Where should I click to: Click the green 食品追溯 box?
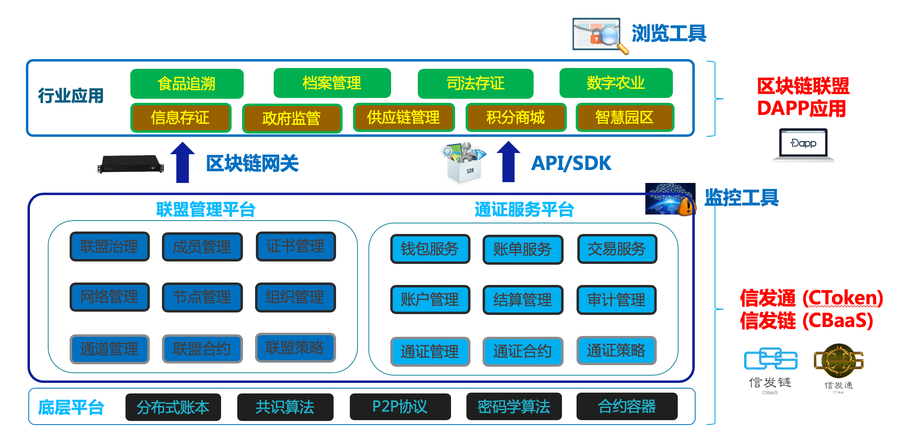(x=187, y=84)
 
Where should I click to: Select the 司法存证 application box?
(x=475, y=84)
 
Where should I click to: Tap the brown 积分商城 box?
(x=515, y=118)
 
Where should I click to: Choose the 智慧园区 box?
(x=624, y=118)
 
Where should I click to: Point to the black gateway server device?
(x=131, y=164)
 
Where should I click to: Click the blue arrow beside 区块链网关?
(x=183, y=162)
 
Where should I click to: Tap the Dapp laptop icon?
(x=803, y=145)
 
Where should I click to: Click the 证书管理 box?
(x=296, y=246)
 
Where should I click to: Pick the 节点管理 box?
(x=202, y=297)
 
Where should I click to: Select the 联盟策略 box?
(x=295, y=348)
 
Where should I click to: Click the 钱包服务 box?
(x=430, y=249)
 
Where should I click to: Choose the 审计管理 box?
(x=616, y=300)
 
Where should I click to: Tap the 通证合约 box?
(x=523, y=351)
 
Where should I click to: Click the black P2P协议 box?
(x=400, y=407)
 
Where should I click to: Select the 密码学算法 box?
(x=514, y=407)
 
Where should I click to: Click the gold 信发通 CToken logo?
(x=838, y=361)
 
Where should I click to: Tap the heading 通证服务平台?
(x=524, y=210)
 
